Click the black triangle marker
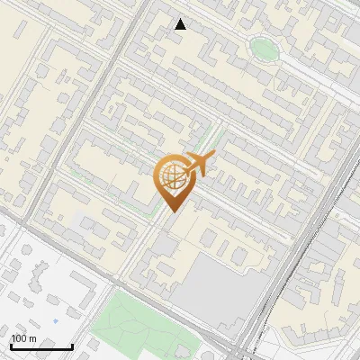(181, 24)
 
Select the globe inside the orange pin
(171, 178)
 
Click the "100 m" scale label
(23, 338)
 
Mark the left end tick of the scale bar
(11, 346)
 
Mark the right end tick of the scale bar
(72, 346)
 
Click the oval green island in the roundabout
(264, 49)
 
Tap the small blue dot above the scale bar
(56, 321)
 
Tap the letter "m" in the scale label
(32, 338)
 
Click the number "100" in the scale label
(19, 338)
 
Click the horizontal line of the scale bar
(41, 347)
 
